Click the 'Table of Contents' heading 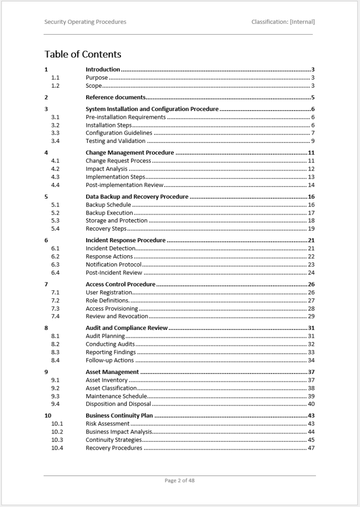(83, 54)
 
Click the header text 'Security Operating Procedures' (85, 22)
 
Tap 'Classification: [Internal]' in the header (283, 22)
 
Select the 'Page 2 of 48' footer (180, 480)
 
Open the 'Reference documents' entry (115, 97)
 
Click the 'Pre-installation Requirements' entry (126, 117)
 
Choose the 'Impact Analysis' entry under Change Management (106, 169)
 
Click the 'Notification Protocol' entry (113, 265)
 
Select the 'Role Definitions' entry (107, 300)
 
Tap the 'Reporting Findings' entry (111, 352)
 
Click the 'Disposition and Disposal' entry (118, 404)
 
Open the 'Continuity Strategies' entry (113, 440)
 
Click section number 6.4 (55, 273)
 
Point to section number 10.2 (57, 432)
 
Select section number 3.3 (55, 133)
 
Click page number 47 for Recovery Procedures (311, 448)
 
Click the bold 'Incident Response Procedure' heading (126, 240)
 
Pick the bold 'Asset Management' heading (112, 372)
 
